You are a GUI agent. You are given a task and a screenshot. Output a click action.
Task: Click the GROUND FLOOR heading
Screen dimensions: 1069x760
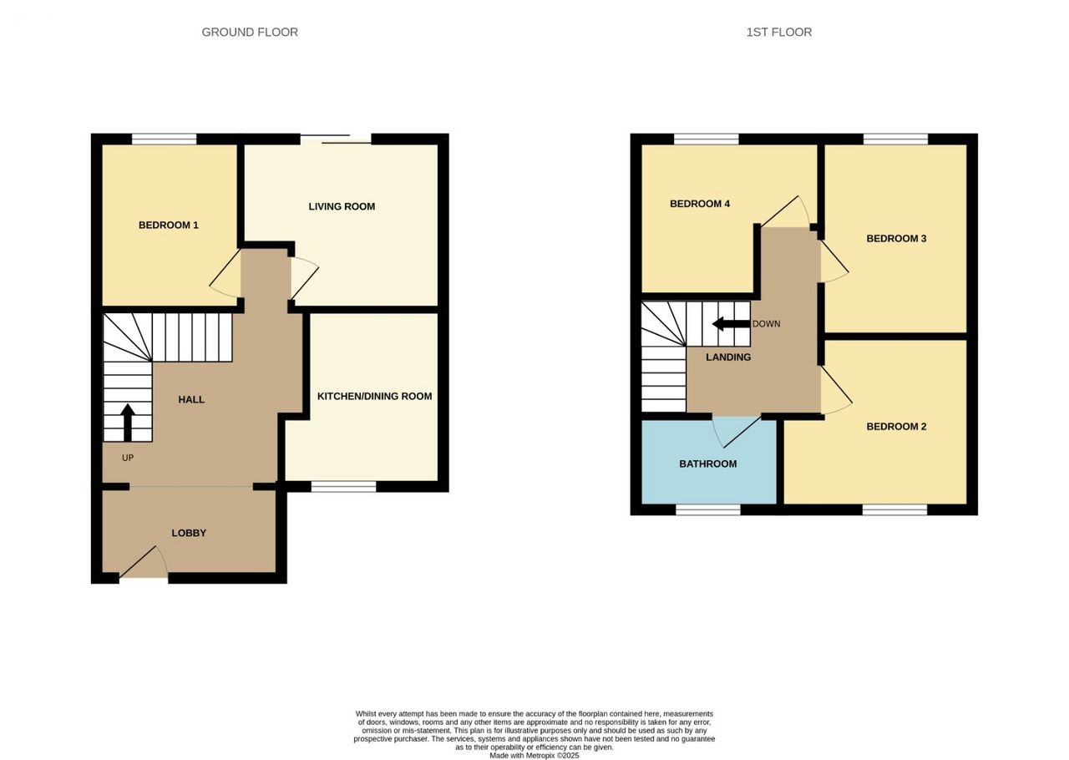click(x=250, y=32)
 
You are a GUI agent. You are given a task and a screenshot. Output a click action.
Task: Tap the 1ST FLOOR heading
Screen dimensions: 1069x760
click(x=779, y=32)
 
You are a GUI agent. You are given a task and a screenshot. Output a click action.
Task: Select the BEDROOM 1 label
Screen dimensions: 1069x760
click(x=169, y=225)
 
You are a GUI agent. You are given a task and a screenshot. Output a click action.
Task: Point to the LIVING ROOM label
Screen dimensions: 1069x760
click(x=342, y=206)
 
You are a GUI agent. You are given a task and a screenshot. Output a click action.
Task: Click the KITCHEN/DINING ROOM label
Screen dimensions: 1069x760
click(x=375, y=396)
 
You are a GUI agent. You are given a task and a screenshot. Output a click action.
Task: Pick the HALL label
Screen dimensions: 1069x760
click(x=191, y=399)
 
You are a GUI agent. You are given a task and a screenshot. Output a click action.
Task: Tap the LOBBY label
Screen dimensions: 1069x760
click(x=189, y=533)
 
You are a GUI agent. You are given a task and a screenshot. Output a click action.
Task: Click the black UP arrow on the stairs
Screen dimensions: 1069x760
click(x=128, y=423)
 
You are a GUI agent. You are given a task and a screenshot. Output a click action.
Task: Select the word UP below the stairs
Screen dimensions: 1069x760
click(x=128, y=458)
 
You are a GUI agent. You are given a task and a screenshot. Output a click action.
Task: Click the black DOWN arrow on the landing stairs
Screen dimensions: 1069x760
click(x=731, y=324)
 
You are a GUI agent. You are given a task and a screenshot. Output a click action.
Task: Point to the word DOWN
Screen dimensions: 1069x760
click(x=767, y=324)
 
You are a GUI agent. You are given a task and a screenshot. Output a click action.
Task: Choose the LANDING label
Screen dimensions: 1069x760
click(x=728, y=357)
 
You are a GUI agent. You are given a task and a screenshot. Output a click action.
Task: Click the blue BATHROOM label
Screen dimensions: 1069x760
click(x=708, y=464)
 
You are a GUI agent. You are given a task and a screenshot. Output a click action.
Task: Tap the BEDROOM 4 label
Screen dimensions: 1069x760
click(x=700, y=204)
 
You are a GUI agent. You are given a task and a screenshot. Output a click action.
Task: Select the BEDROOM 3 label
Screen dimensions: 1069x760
click(x=896, y=238)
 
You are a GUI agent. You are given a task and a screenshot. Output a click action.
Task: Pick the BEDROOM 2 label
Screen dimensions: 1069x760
click(x=896, y=426)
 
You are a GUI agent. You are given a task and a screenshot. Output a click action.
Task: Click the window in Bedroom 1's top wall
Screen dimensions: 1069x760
click(x=165, y=139)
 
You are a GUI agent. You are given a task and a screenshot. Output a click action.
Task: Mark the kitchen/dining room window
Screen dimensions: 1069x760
click(x=343, y=486)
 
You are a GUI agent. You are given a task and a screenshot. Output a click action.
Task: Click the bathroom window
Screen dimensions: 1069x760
click(x=708, y=509)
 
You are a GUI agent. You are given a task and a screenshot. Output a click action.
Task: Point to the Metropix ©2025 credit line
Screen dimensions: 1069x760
click(x=534, y=756)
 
